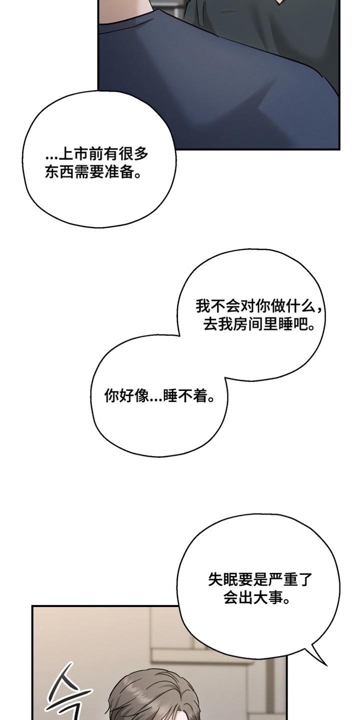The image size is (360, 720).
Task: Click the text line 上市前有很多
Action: pyautogui.click(x=97, y=154)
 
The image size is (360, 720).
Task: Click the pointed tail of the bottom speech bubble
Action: pyautogui.click(x=326, y=664)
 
